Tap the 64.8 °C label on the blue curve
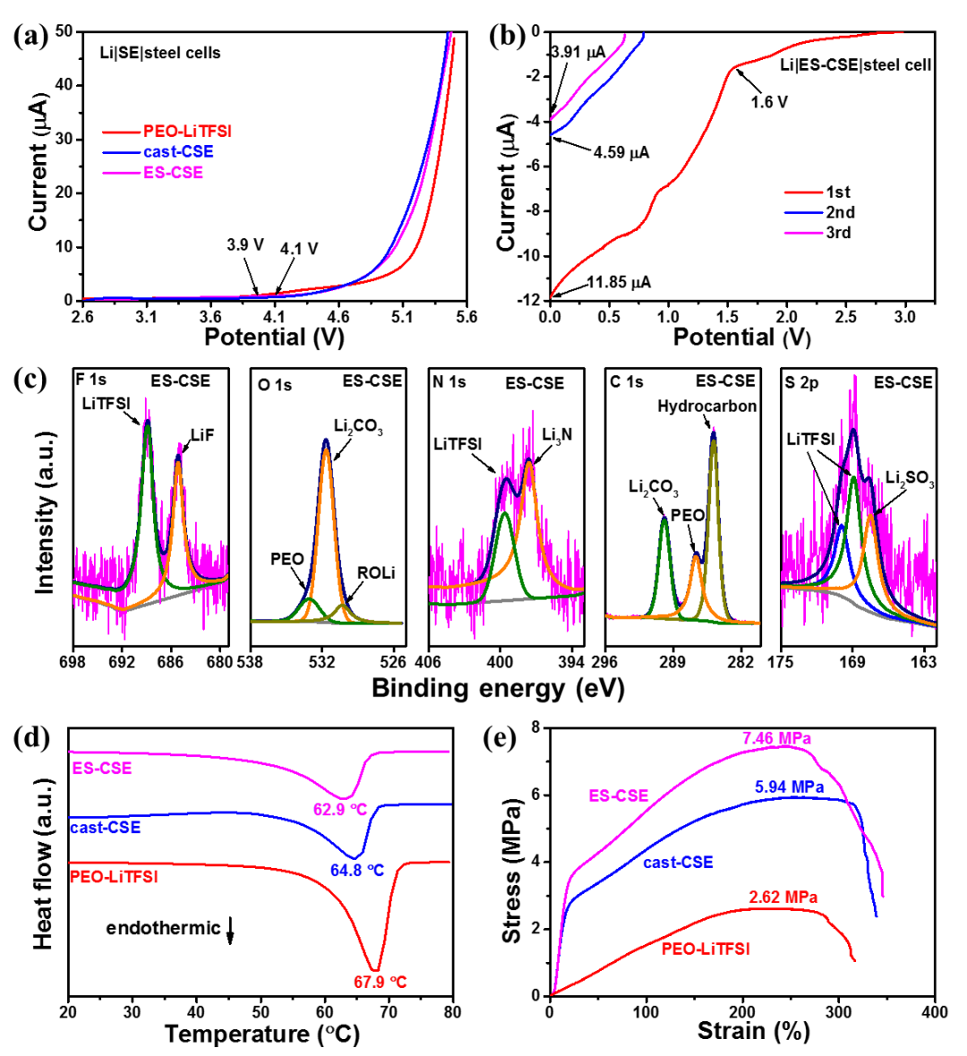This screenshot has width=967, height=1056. (356, 870)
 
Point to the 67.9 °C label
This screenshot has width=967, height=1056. (381, 982)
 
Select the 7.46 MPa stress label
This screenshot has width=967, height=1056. (776, 739)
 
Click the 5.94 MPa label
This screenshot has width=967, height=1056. (789, 787)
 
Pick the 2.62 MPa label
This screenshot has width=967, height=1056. (784, 897)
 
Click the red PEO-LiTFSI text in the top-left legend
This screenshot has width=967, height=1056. (188, 132)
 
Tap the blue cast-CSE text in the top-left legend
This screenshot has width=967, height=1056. (177, 152)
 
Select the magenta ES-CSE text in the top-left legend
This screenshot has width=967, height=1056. (174, 173)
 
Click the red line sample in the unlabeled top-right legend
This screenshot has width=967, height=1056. (803, 192)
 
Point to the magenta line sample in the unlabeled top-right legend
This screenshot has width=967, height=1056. (803, 233)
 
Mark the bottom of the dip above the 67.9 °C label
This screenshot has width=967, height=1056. (377, 968)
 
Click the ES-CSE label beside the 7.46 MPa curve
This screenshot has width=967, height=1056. (619, 795)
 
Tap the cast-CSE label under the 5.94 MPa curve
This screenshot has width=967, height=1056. (677, 863)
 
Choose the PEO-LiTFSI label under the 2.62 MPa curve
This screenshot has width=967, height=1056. (706, 949)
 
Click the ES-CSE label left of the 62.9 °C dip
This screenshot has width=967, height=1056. (102, 768)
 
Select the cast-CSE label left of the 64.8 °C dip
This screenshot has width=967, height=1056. (105, 828)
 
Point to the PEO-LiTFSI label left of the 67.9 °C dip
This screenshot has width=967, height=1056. (114, 877)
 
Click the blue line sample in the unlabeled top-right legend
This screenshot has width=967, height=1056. (803, 212)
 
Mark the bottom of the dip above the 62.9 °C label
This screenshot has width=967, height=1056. (345, 797)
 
